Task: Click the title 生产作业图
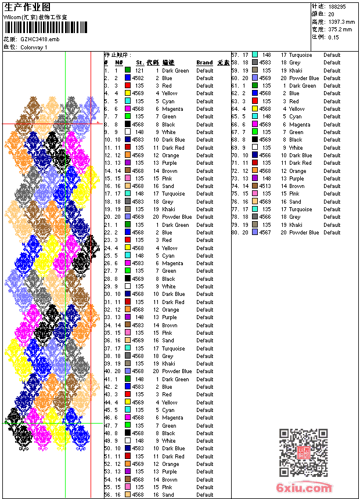[27, 7]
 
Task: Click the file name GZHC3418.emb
[40, 39]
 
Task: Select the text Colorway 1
[34, 47]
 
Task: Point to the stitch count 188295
[337, 6]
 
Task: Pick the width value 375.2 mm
[340, 29]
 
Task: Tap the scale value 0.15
[333, 37]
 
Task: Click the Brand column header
[204, 63]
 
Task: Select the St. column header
[140, 63]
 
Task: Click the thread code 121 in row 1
[139, 70]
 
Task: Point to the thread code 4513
[265, 186]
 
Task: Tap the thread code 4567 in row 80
[265, 233]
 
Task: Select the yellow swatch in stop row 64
[254, 109]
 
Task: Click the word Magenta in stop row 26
[172, 263]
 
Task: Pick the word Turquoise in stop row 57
[300, 55]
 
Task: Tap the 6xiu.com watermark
[305, 488]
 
